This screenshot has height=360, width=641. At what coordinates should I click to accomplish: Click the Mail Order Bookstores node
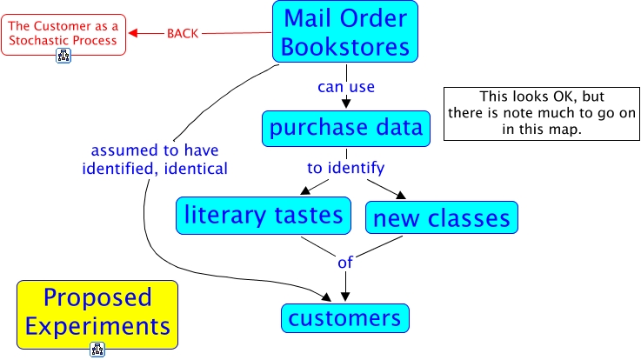pyautogui.click(x=345, y=32)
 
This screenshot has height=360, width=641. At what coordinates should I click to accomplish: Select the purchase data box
pyautogui.click(x=345, y=129)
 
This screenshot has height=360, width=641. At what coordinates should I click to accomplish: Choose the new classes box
pyautogui.click(x=442, y=218)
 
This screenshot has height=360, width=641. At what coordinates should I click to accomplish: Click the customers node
pyautogui.click(x=344, y=317)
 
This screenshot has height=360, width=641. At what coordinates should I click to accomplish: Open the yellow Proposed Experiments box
pyautogui.click(x=97, y=312)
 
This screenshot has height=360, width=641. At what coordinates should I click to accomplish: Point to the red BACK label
pyautogui.click(x=183, y=34)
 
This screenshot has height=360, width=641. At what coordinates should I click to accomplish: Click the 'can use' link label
pyautogui.click(x=345, y=87)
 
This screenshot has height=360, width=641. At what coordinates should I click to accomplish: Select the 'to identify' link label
pyautogui.click(x=345, y=167)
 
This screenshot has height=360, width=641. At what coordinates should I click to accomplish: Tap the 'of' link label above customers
pyautogui.click(x=345, y=260)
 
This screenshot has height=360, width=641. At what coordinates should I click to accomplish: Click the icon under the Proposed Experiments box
pyautogui.click(x=97, y=350)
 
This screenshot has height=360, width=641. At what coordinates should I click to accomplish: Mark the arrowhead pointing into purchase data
pyautogui.click(x=345, y=107)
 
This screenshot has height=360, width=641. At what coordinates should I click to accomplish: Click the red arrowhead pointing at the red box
pyautogui.click(x=134, y=34)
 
